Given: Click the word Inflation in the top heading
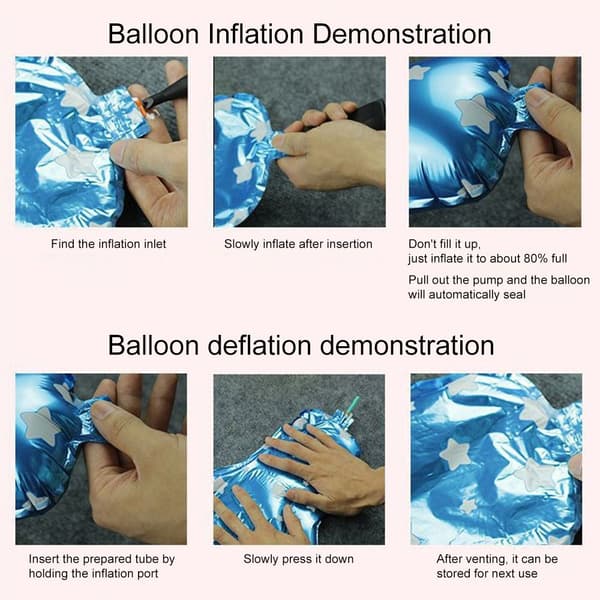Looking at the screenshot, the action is pos(256,34).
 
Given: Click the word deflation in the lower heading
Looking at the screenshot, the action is pos(259,346).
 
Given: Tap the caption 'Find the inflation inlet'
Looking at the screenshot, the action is pos(109,244).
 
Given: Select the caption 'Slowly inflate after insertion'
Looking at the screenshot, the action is pos(298,244).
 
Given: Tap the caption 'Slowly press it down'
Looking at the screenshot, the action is pos(298,559).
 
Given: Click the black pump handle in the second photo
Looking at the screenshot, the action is pos(366,115).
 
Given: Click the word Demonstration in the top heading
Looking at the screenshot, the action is pos(402,34).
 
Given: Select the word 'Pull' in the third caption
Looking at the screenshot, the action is pos(418,280).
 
